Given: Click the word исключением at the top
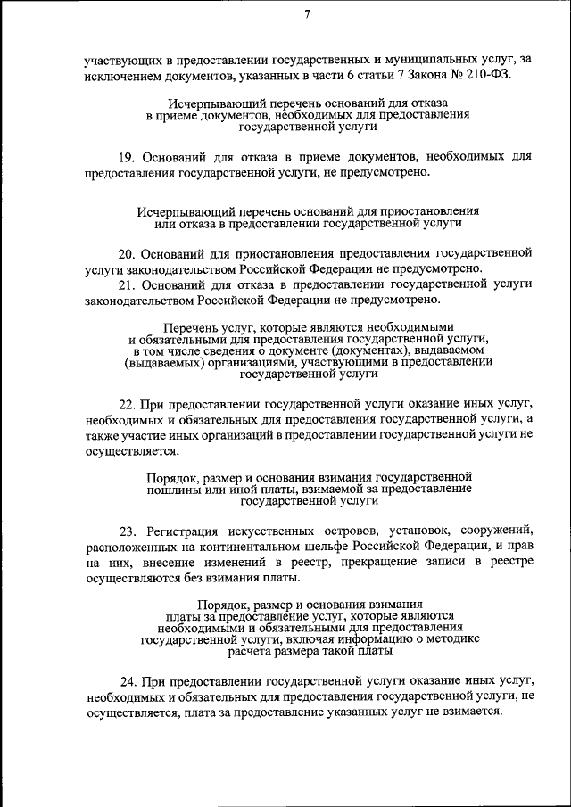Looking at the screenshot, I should pyautogui.click(x=121, y=77).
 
